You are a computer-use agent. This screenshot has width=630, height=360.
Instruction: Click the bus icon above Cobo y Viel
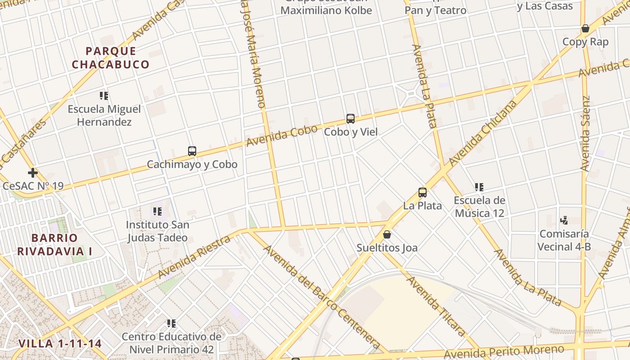point(351,119)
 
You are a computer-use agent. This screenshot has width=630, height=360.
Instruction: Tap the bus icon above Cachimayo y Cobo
point(192,151)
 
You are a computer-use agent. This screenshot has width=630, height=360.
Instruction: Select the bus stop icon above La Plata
point(422,193)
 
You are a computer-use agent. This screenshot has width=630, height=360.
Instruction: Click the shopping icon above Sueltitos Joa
point(387,234)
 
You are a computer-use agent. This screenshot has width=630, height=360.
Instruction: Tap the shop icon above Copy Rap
point(585,29)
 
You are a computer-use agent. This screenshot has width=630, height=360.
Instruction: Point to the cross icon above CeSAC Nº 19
point(32,173)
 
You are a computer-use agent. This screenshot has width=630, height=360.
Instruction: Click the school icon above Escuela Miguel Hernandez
point(104,96)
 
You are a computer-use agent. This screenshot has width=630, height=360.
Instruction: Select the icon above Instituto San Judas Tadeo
point(157,211)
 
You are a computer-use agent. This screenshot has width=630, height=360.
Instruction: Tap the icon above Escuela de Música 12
point(479,187)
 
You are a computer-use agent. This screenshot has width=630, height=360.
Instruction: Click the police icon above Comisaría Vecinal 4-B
point(564,220)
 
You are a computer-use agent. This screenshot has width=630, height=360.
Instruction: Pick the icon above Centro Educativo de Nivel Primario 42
point(171,323)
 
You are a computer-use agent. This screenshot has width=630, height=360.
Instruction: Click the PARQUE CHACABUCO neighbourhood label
point(110,58)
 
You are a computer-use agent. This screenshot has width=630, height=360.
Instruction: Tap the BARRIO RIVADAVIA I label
point(54,244)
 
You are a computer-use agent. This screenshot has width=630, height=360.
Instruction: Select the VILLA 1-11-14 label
point(60,344)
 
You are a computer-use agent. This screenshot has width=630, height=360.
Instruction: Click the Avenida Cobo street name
point(282,135)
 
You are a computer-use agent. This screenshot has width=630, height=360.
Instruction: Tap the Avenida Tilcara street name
point(436,306)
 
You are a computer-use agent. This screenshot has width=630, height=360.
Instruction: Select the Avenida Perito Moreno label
point(504,352)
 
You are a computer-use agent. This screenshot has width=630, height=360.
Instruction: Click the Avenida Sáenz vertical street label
point(585,133)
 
